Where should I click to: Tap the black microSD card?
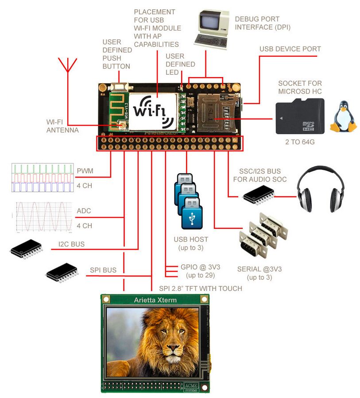[x=300, y=116]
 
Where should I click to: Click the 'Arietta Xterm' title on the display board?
[x=155, y=300]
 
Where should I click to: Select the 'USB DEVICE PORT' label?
[x=290, y=49]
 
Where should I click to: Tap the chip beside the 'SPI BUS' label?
[x=62, y=271]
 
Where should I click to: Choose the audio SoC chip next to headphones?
[x=258, y=195]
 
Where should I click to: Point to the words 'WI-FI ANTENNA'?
[x=62, y=126]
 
